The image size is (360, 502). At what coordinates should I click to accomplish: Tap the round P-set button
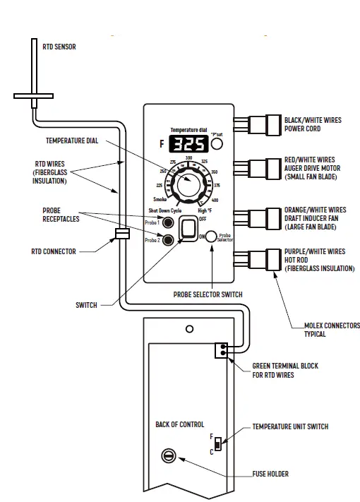click(x=217, y=145)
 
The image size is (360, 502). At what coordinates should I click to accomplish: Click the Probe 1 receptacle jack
click(x=169, y=224)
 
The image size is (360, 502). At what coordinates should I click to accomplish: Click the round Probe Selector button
click(x=211, y=237)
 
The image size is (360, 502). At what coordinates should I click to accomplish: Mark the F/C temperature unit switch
click(x=219, y=444)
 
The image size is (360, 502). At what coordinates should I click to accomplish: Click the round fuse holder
click(x=169, y=457)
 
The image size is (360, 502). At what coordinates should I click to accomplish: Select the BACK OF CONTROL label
click(x=179, y=424)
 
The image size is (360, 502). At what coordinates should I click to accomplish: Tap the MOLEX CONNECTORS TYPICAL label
click(x=323, y=330)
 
